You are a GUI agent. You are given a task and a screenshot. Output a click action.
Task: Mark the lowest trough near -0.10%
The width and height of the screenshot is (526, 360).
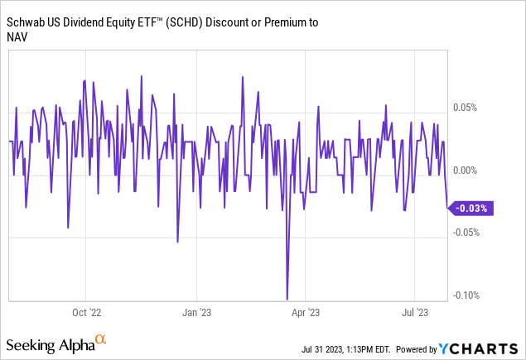287,299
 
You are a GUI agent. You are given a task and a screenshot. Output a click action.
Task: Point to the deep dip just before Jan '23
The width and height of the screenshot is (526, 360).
177,242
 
